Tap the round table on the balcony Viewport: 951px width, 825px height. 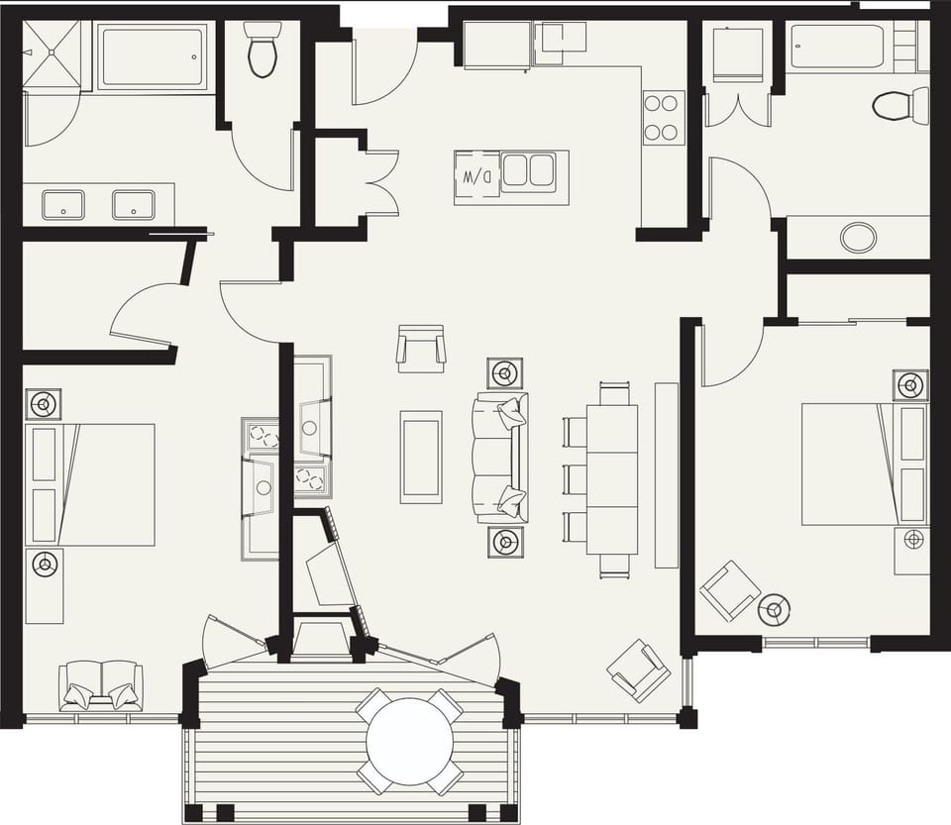(410, 742)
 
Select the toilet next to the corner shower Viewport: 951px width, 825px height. (263, 50)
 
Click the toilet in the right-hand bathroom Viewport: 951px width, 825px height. (898, 105)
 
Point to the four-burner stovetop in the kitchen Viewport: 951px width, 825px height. (663, 117)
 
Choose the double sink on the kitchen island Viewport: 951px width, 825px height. (528, 171)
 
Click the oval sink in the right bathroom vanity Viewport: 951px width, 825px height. (858, 238)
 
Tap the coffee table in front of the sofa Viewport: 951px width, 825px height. (421, 457)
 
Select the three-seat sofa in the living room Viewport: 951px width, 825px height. (501, 458)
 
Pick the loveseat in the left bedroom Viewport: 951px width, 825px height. (101, 684)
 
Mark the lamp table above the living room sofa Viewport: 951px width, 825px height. (505, 373)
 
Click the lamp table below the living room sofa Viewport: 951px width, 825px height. (505, 542)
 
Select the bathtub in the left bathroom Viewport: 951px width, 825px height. (152, 56)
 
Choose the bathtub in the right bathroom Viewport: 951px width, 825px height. (837, 47)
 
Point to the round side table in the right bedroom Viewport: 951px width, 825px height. (775, 610)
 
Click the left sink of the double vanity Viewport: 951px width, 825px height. (62, 206)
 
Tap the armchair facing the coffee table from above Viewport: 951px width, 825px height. (421, 349)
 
